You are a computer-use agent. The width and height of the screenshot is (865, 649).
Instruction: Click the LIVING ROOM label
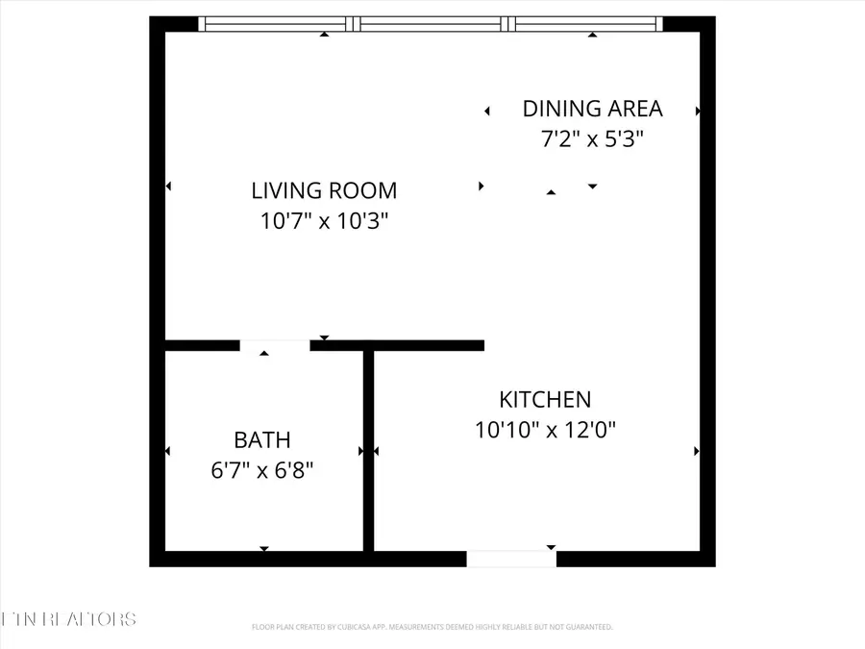pos(324,190)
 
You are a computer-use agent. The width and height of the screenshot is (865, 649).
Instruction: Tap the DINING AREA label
pos(592,109)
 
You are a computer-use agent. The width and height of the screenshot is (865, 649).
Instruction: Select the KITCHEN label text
pos(545,399)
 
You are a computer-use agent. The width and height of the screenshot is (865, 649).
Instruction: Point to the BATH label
pos(262,440)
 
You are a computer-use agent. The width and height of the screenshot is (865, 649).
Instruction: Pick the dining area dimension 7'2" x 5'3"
pos(592,139)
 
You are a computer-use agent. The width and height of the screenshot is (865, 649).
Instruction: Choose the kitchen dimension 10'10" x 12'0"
pos(545,430)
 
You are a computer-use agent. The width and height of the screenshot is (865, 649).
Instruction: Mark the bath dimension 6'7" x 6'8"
pos(262,471)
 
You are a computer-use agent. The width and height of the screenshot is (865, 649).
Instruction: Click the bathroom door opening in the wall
pos(274,345)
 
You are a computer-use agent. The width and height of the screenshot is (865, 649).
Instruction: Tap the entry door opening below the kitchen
pos(511,559)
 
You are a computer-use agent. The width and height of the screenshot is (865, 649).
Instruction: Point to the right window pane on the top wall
pos(586,24)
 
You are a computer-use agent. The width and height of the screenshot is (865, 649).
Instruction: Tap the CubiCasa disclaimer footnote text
pos(432,627)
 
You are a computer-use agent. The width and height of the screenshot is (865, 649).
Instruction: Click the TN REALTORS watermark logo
pos(69,618)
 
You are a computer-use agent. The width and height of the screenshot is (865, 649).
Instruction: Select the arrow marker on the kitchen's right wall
pos(698,451)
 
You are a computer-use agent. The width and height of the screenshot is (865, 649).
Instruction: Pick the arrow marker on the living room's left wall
pos(168,187)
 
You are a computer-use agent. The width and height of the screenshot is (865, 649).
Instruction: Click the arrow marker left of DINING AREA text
pos(487,112)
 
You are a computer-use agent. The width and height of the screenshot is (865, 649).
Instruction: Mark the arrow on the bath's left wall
pos(168,451)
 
